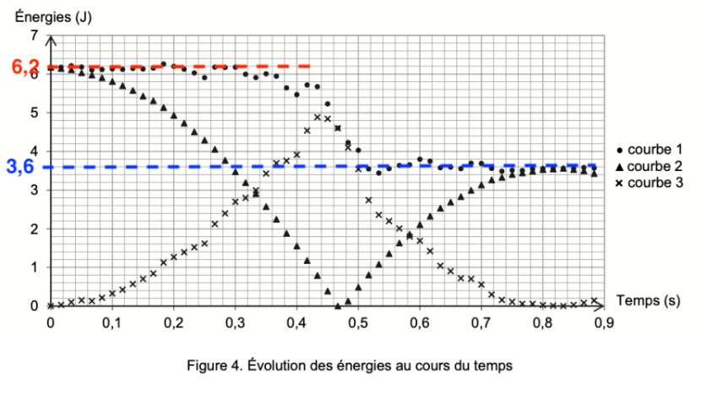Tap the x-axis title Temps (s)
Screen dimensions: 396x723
click(x=648, y=300)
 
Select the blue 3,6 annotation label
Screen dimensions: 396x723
click(x=20, y=167)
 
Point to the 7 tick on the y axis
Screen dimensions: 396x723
click(x=35, y=36)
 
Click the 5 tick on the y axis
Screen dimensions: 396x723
click(x=35, y=113)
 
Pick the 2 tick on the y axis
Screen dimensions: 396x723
click(x=35, y=228)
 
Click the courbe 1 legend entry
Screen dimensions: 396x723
click(x=653, y=149)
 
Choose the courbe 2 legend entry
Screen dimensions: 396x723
click(x=653, y=166)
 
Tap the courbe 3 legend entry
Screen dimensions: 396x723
click(x=653, y=182)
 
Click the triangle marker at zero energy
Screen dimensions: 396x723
click(x=338, y=305)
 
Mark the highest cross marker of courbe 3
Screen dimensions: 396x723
click(x=317, y=117)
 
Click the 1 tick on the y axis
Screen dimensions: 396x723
click(x=35, y=267)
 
